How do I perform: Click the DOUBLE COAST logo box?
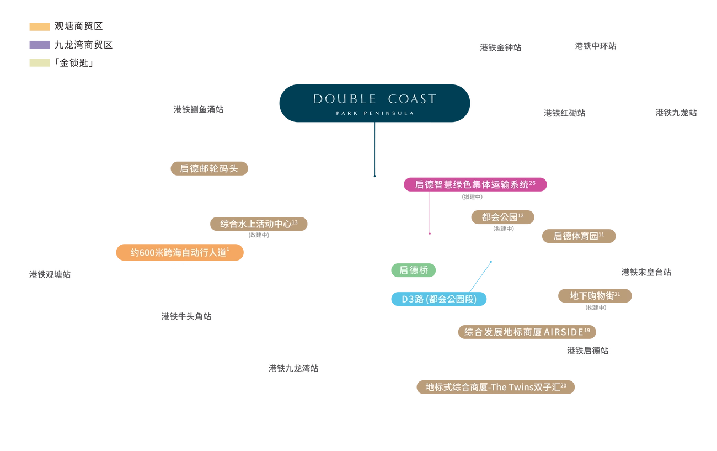pos(374,103)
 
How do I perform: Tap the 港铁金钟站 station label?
pos(500,48)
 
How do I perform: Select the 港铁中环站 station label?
pos(595,46)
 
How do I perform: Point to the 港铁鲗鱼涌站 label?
pos(199,110)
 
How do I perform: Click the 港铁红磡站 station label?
pos(564,113)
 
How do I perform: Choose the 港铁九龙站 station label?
pos(676,113)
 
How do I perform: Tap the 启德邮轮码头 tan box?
pos(209,168)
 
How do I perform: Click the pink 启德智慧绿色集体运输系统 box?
pos(475,184)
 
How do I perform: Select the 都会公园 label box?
pos(502,217)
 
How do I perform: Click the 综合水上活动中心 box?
pos(258,224)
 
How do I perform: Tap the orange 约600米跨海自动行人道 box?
pos(180,253)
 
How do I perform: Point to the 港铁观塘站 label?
pos(50,274)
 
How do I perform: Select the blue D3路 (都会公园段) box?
pos(439,299)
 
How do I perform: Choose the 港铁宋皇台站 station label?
pos(646,272)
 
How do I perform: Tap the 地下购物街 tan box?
pos(595,296)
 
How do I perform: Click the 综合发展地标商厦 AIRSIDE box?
pos(527,332)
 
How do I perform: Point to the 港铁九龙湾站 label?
pos(293,368)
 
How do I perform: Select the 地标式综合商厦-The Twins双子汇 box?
pos(496,387)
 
